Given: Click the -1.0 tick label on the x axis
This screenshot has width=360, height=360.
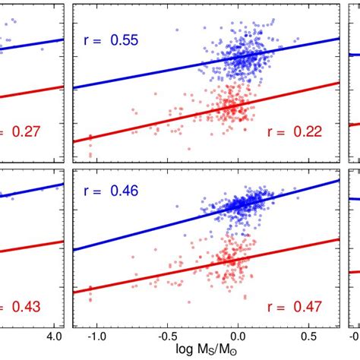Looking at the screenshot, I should point(92,335).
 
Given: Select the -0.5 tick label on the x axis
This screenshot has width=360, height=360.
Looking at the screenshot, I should point(165,335).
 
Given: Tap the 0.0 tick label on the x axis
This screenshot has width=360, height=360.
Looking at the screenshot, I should point(238,335).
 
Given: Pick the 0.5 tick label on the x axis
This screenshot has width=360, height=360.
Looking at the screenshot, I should point(310,335).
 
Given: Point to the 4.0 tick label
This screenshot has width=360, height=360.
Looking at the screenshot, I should point(55,335).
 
